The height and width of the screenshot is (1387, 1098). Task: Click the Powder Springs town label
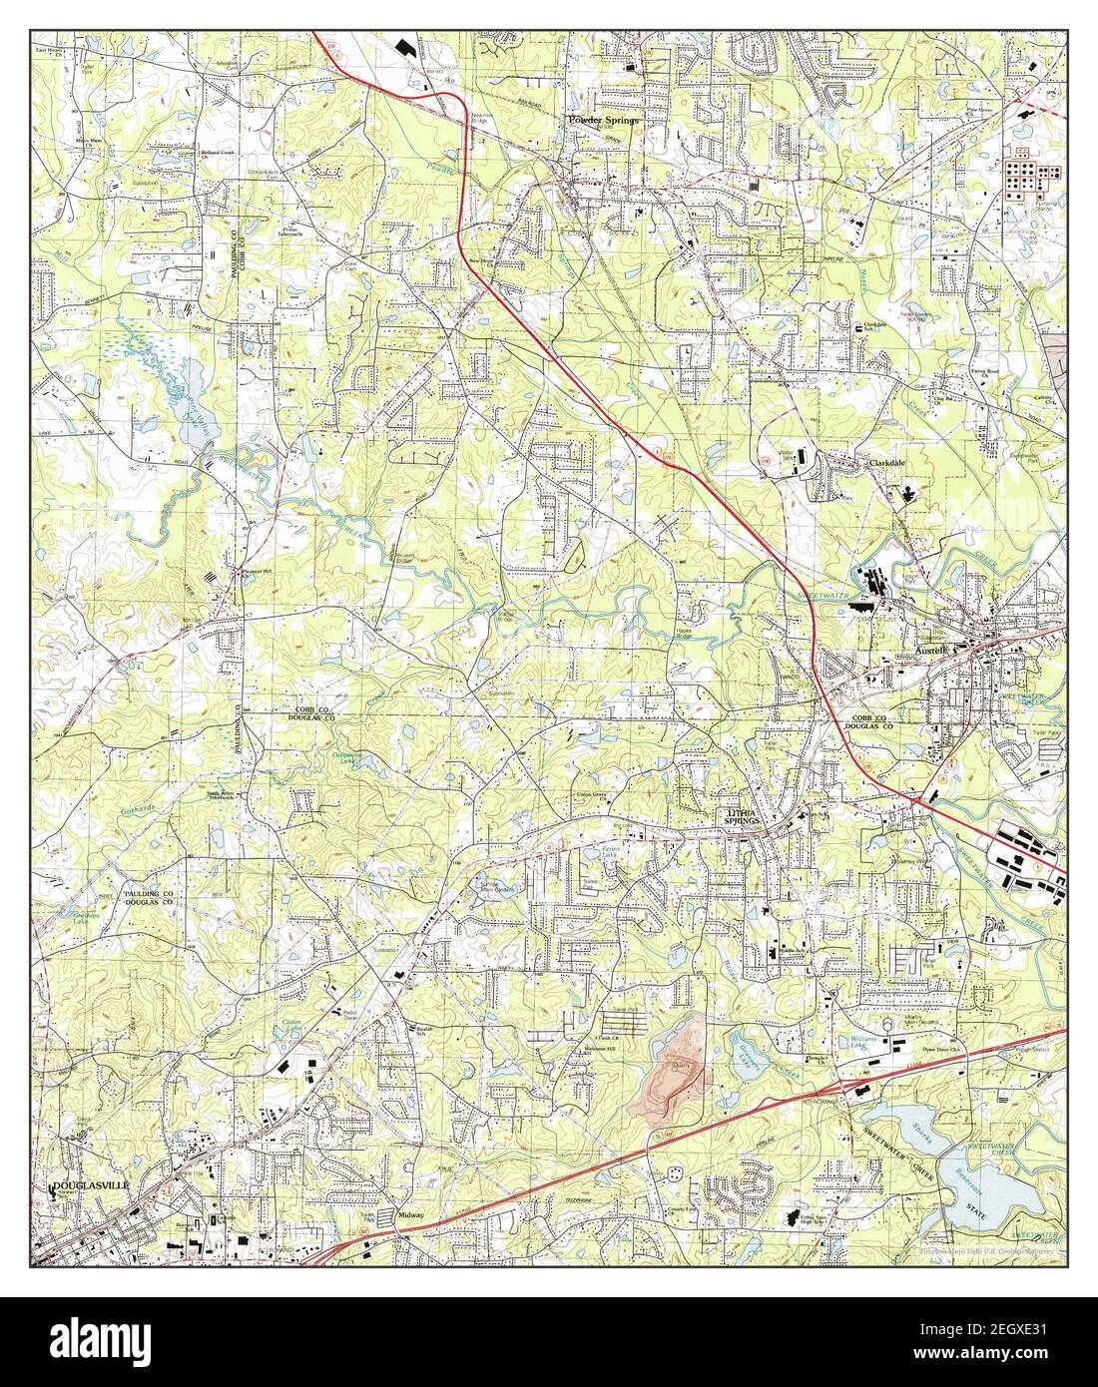[x=602, y=119]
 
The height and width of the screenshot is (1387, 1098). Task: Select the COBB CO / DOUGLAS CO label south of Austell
[x=875, y=725]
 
